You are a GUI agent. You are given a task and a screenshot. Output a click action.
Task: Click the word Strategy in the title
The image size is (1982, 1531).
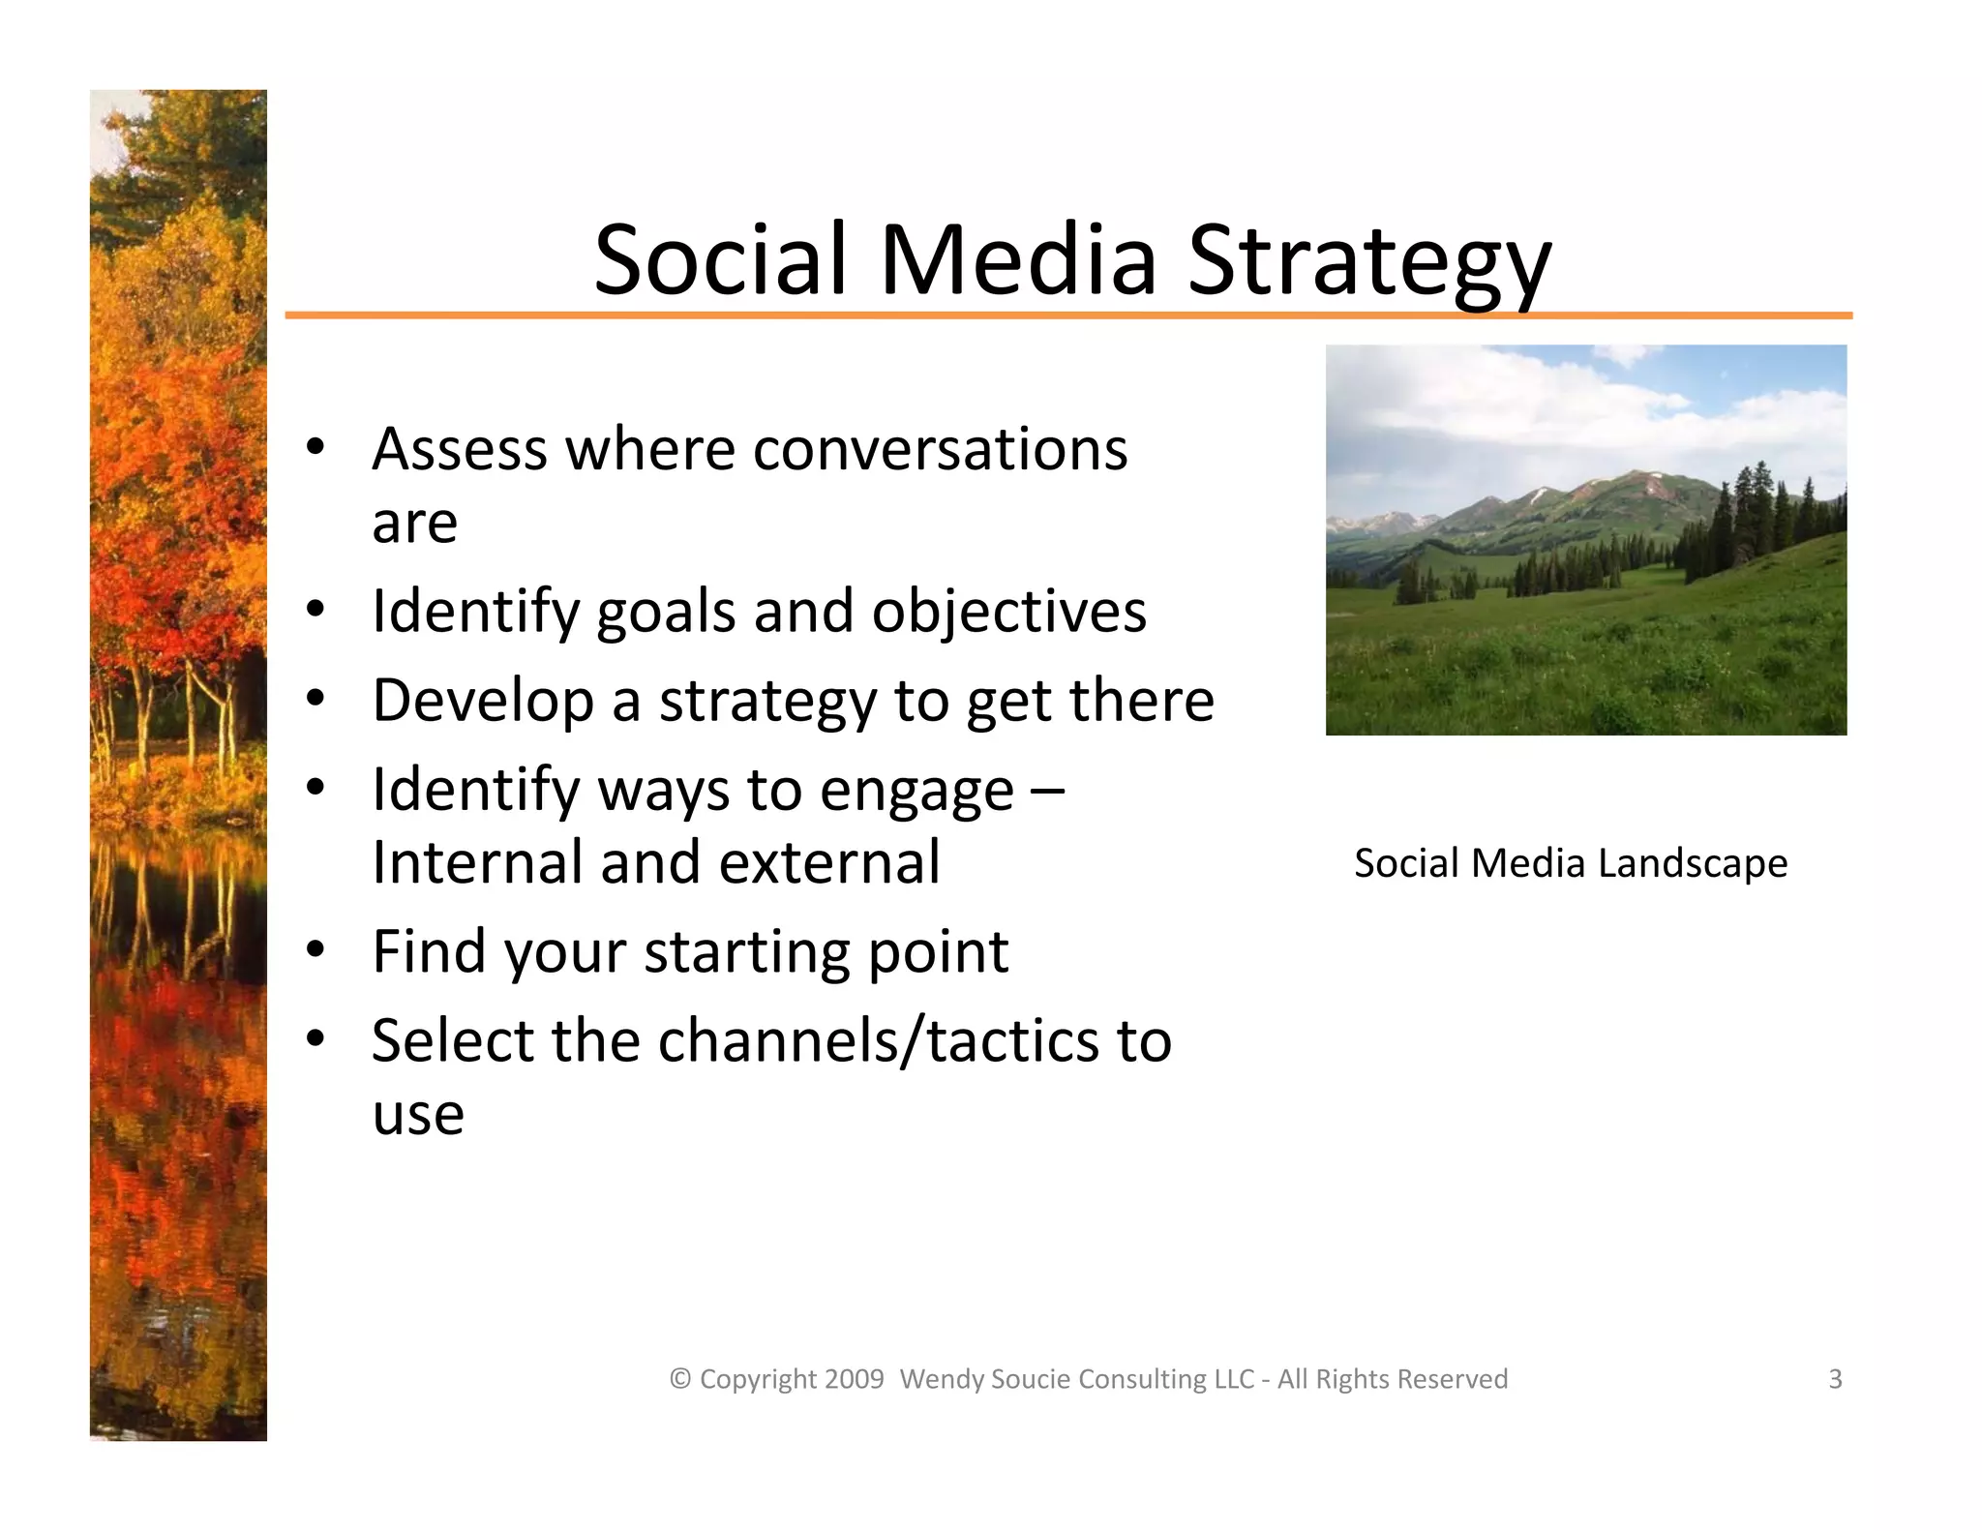pyautogui.click(x=1368, y=261)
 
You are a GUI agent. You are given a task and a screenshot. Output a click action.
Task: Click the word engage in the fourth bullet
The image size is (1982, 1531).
pyautogui.click(x=916, y=791)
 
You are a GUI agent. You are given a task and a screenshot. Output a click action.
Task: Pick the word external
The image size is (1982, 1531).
pyautogui.click(x=829, y=862)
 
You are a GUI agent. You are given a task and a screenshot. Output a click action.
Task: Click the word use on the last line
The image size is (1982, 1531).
pyautogui.click(x=418, y=1115)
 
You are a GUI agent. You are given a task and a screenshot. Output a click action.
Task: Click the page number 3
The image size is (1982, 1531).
pyautogui.click(x=1835, y=1378)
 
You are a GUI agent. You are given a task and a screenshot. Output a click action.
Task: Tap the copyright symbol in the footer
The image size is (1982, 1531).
pyautogui.click(x=680, y=1379)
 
